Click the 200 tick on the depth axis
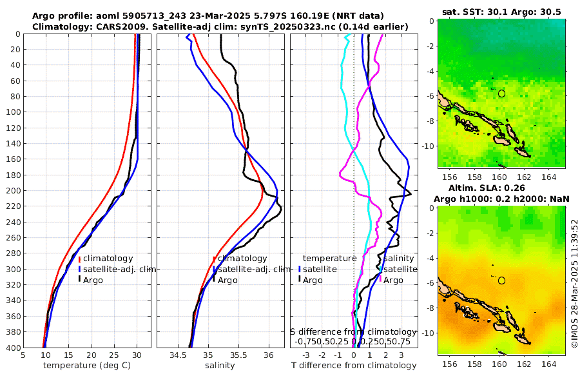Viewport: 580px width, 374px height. pos(14,190)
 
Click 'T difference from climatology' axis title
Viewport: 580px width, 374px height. pos(354,365)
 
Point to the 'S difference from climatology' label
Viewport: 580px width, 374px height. pos(354,331)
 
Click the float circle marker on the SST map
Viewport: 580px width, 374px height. pos(501,93)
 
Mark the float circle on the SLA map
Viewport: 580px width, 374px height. pos(501,280)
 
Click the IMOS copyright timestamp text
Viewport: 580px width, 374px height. pos(575,284)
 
